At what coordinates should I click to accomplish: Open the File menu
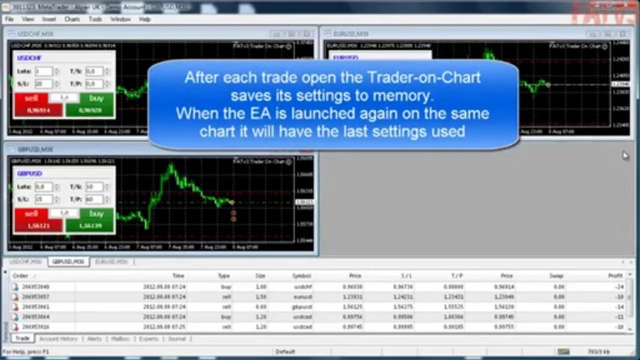(x=9, y=19)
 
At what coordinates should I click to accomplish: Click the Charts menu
(x=72, y=19)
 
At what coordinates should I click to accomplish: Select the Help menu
(x=145, y=19)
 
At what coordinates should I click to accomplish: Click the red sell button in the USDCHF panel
(x=31, y=98)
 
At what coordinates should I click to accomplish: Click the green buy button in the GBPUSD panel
(x=96, y=214)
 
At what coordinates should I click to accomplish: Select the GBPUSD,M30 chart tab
(x=68, y=261)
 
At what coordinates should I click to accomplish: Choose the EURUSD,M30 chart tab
(x=111, y=261)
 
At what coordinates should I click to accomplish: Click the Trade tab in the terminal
(x=22, y=338)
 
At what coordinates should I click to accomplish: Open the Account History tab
(x=59, y=338)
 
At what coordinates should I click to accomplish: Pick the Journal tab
(x=177, y=338)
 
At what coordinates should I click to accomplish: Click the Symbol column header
(x=301, y=276)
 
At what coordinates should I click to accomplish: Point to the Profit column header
(x=615, y=276)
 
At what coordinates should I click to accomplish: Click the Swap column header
(x=555, y=276)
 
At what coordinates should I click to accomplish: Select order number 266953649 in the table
(x=36, y=287)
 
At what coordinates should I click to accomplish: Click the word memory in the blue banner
(x=404, y=95)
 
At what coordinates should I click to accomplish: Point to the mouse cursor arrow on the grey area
(x=625, y=155)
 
